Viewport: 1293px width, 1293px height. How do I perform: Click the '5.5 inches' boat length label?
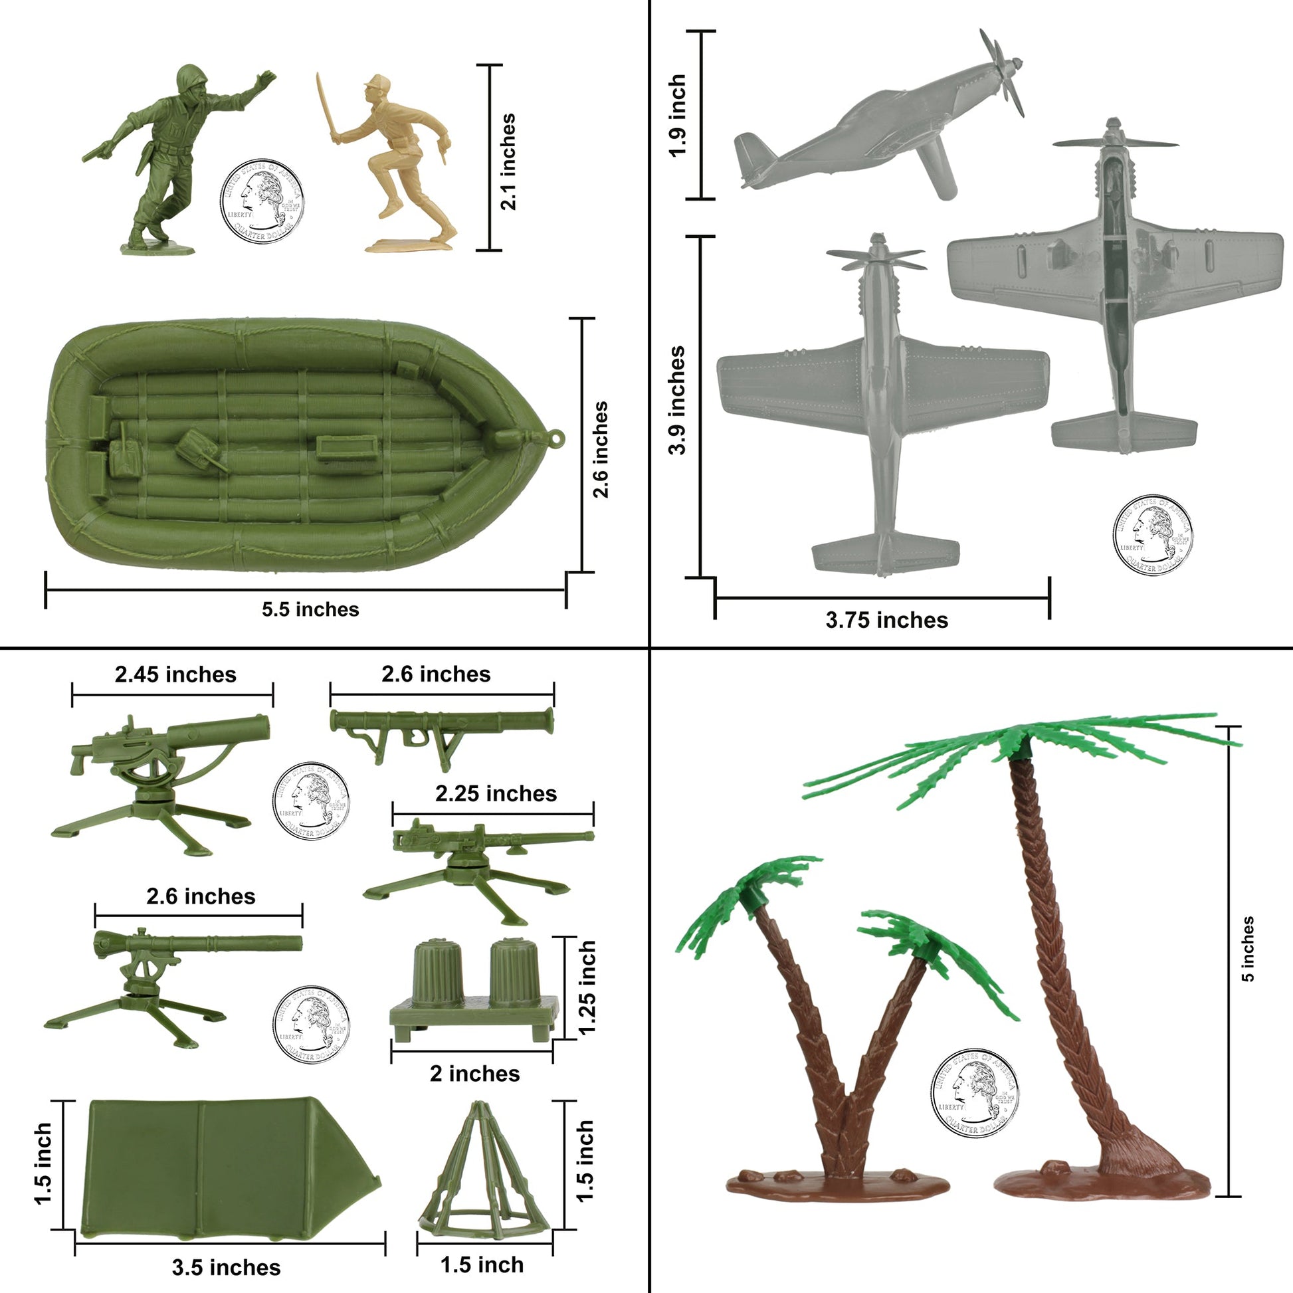click(310, 609)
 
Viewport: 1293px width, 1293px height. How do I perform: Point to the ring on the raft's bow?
click(555, 439)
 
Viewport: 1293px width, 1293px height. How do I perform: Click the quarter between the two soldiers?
click(262, 201)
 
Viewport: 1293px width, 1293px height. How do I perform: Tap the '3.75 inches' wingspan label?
click(886, 621)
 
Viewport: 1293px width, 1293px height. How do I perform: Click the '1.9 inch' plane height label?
click(677, 115)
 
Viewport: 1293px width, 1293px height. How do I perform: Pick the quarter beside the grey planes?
click(1152, 536)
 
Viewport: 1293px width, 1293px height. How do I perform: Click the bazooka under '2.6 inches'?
click(442, 724)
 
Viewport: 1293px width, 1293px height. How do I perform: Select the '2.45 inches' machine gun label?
click(175, 674)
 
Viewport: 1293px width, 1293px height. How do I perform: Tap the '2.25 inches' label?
click(496, 794)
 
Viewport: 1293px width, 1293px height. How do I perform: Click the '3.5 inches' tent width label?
click(226, 1268)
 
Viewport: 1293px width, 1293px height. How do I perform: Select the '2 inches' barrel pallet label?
click(474, 1074)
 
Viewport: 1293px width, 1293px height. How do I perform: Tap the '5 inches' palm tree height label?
click(1248, 949)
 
